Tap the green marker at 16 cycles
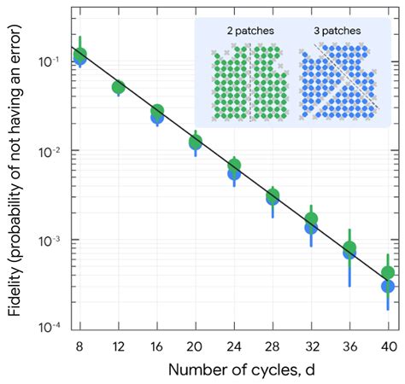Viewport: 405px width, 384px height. [157, 112]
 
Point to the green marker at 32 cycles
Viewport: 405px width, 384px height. [311, 220]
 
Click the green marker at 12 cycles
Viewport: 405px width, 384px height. [119, 87]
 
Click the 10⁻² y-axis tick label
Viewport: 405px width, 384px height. [49, 151]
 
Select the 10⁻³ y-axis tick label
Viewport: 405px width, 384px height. [49, 240]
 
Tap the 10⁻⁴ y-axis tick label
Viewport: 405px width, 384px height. [49, 328]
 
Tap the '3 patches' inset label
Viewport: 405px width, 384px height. [336, 31]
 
